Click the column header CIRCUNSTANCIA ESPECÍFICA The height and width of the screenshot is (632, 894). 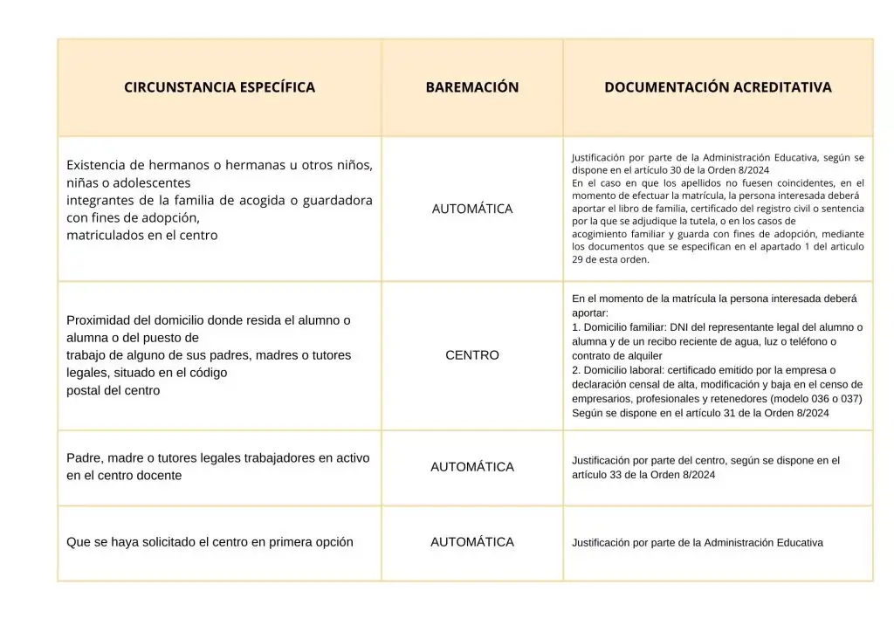point(219,87)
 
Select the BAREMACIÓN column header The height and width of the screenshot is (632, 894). point(472,87)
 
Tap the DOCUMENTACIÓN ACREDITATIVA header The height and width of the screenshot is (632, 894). point(718,87)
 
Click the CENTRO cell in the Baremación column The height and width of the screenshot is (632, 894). point(472,355)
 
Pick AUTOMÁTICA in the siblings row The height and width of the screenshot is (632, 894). point(472,210)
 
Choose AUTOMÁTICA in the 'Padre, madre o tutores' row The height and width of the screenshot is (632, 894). point(472,467)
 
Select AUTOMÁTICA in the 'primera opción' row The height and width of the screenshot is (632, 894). point(472,542)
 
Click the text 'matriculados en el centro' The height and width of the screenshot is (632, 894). point(142,235)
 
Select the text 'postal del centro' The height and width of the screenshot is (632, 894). point(113,390)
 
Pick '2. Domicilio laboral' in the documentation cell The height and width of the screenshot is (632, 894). point(620,370)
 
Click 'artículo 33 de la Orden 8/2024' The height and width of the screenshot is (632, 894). point(643,475)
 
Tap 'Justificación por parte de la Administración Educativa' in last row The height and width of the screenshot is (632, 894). point(698,543)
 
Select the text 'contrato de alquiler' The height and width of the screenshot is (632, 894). point(617,356)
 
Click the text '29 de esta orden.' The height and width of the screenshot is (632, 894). point(611,259)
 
